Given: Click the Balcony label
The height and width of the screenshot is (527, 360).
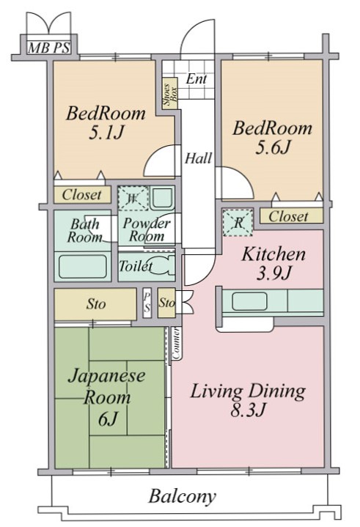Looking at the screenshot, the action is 182,496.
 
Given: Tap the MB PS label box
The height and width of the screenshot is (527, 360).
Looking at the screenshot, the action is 49,48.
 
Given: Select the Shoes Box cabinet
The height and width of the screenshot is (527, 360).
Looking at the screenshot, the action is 170,93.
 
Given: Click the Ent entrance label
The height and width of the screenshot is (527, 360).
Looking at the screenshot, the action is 196,79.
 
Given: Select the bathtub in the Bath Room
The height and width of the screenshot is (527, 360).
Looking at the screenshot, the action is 83,267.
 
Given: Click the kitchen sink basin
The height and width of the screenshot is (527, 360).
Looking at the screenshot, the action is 249,301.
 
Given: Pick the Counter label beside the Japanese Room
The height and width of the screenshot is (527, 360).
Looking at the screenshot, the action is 176,343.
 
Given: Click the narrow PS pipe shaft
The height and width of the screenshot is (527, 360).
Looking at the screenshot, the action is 147,303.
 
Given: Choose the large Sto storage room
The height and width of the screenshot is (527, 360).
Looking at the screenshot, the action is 95,304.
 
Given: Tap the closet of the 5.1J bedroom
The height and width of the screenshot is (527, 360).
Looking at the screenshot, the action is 82,194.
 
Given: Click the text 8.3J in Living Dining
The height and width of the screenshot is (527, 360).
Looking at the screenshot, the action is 248,410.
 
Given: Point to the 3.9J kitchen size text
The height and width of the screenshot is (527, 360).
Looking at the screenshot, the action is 273,273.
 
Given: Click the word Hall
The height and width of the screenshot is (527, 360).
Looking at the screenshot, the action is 198,158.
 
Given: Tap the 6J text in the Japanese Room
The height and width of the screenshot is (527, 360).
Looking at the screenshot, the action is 108,419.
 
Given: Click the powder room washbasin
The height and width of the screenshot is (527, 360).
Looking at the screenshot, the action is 162,199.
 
